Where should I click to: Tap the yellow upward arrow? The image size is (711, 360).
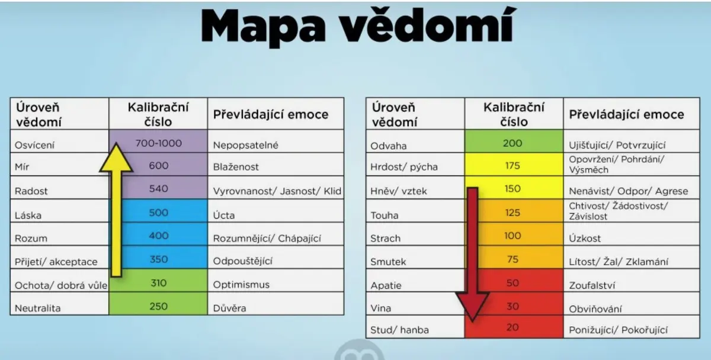tap(116, 210)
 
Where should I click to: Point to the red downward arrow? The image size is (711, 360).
tap(472, 255)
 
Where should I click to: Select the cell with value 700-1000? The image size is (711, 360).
tap(158, 142)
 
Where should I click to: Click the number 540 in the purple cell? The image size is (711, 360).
tap(158, 189)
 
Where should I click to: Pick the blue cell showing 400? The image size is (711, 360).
tap(158, 234)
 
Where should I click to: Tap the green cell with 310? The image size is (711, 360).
tap(158, 281)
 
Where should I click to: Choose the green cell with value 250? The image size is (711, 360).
tap(158, 304)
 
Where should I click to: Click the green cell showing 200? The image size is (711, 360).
tap(514, 142)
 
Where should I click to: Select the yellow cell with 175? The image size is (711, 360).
tap(514, 165)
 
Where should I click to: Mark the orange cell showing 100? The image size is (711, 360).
tap(514, 234)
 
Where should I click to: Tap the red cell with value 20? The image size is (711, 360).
tap(514, 327)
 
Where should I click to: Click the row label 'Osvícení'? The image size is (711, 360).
tap(34, 145)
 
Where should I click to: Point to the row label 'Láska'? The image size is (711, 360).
tap(28, 216)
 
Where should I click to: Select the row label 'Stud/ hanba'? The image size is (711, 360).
tap(399, 330)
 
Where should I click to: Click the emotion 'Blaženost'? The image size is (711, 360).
tap(236, 167)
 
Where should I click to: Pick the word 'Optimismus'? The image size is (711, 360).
tap(241, 285)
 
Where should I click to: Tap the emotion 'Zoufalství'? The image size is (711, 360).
tap(592, 285)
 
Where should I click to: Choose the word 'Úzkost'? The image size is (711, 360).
tap(585, 238)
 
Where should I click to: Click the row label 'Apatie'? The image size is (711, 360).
tap(386, 285)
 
